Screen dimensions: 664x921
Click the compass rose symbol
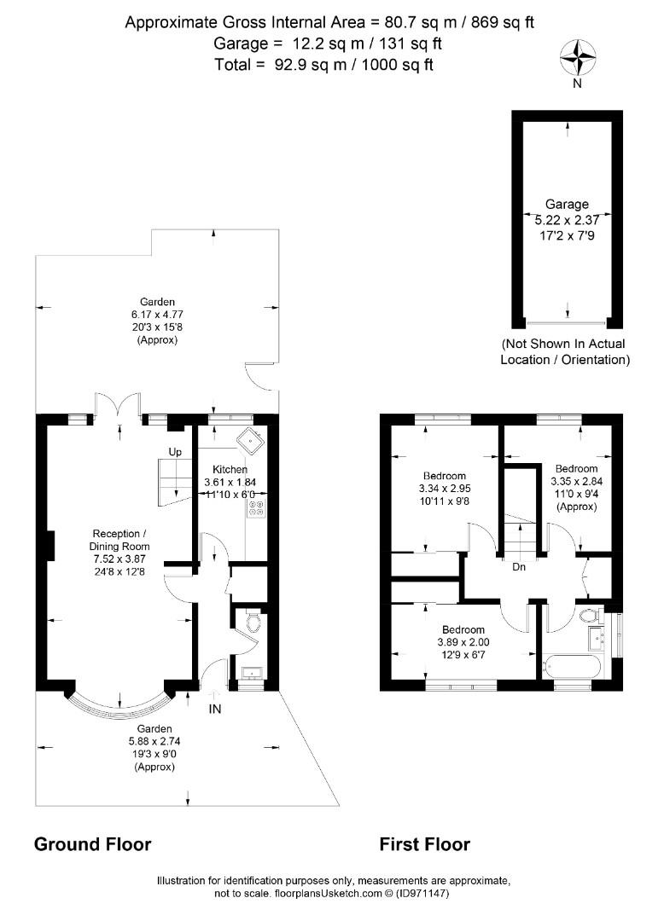577,58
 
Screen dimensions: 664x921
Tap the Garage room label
567,205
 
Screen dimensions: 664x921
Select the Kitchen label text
230,469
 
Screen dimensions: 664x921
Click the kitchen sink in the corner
252,440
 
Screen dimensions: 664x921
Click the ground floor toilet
253,623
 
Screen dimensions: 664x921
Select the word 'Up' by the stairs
175,452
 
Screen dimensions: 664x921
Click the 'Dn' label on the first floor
519,567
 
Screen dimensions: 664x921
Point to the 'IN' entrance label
215,709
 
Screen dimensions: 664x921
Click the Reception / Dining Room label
119,540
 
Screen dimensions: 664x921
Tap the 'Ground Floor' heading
93,844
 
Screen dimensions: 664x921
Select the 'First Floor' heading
425,844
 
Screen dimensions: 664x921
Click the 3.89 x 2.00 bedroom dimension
463,643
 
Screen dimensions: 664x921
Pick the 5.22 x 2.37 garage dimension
567,220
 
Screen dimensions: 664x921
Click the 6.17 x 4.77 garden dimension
158,315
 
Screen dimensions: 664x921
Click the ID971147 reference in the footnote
423,894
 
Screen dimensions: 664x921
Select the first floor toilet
589,615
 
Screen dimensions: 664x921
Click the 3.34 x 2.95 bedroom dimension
445,489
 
